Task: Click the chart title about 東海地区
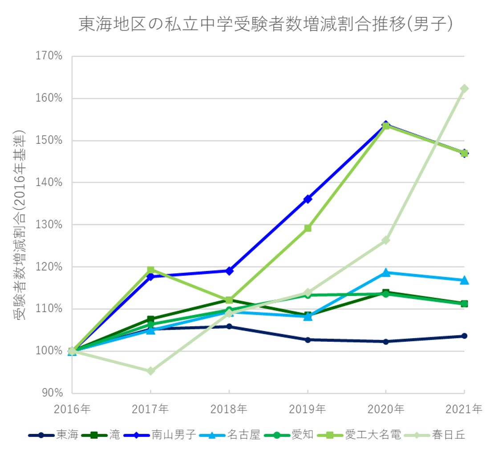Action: click(265, 24)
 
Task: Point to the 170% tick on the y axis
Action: click(49, 57)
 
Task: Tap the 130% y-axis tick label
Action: click(49, 225)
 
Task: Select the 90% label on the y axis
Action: click(52, 393)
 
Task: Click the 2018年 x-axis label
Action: click(229, 409)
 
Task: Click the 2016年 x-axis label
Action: click(73, 409)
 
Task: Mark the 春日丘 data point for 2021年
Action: click(464, 89)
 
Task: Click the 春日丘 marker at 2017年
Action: click(150, 371)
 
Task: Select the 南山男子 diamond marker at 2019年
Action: click(308, 199)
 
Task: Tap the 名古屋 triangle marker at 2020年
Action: click(386, 272)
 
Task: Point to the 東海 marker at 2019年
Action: click(308, 340)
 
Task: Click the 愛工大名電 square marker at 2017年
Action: click(150, 270)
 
